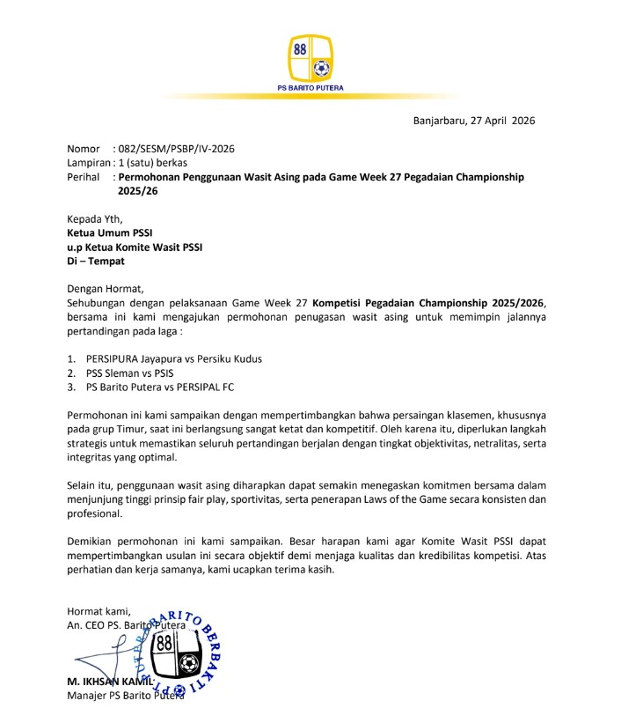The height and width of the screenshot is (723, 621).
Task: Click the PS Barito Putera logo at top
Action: (x=310, y=57)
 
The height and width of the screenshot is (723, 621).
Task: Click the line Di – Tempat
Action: (x=96, y=261)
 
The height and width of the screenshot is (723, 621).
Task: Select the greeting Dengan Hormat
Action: (x=105, y=288)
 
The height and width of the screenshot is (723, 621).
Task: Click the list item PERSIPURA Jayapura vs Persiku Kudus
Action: (x=173, y=359)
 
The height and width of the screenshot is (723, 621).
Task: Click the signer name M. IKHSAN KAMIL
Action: (x=110, y=682)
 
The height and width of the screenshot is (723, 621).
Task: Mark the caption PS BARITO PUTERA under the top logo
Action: (x=310, y=88)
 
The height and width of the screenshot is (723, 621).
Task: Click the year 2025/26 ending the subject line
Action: (x=142, y=190)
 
